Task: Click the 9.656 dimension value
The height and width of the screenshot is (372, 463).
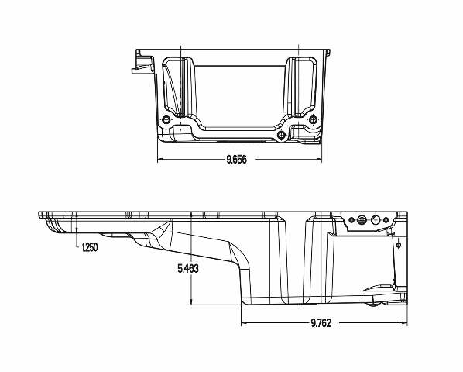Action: (237, 160)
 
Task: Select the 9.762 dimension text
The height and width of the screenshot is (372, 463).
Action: (321, 323)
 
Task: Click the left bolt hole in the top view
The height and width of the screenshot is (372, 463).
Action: (167, 119)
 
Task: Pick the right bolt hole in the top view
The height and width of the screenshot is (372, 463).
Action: (312, 119)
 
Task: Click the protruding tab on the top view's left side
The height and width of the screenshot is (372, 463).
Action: (139, 68)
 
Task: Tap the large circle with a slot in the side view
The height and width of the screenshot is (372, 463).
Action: (361, 220)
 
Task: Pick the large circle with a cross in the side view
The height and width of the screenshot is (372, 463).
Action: (376, 220)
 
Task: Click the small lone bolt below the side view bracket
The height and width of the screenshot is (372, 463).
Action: (397, 244)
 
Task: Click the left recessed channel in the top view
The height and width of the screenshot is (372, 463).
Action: (180, 85)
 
